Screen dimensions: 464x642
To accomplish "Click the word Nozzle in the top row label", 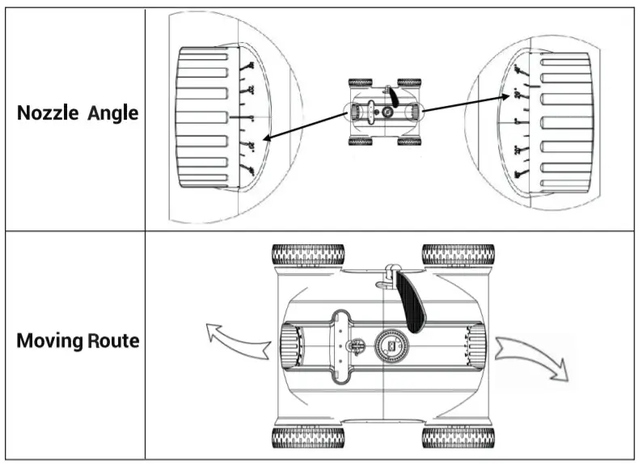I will tap(45, 113).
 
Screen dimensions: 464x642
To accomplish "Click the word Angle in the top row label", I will tap(112, 113).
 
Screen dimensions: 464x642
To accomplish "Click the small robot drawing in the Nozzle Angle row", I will tap(385, 112).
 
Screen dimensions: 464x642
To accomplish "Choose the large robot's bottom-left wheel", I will tap(307, 438).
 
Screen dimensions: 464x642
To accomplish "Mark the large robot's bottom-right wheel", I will tap(458, 438).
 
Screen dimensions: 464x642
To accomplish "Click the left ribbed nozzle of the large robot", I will tap(291, 346).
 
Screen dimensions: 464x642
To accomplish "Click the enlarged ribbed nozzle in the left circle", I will tap(205, 117).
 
